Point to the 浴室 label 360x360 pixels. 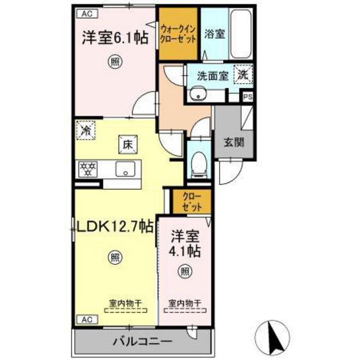(215, 33)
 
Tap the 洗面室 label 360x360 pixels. (212, 75)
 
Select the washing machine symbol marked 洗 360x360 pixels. (242, 74)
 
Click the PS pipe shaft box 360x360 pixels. (248, 96)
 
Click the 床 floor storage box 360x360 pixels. (125, 145)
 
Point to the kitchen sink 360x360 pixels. (124, 170)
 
